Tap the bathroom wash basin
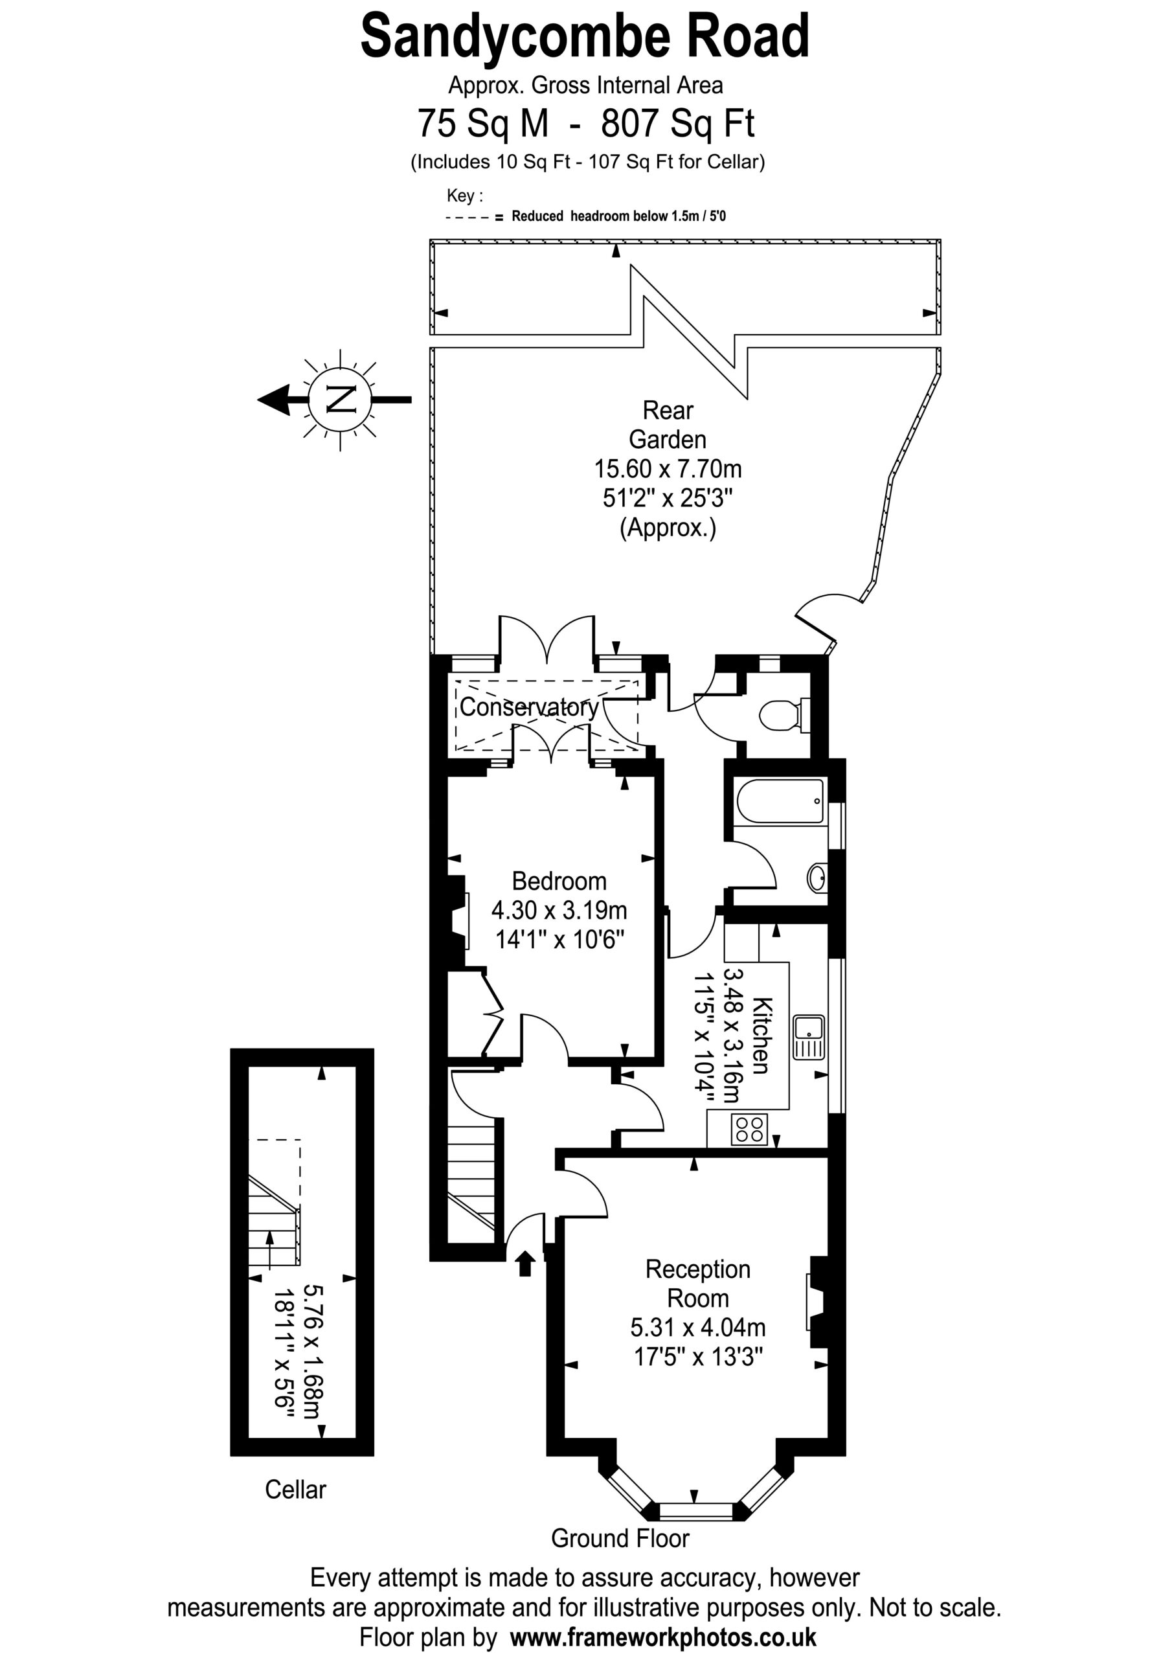coord(817,878)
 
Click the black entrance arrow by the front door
coord(525,1264)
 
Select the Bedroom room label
coord(559,881)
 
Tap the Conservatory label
coord(529,707)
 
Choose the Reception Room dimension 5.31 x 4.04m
coord(697,1327)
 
